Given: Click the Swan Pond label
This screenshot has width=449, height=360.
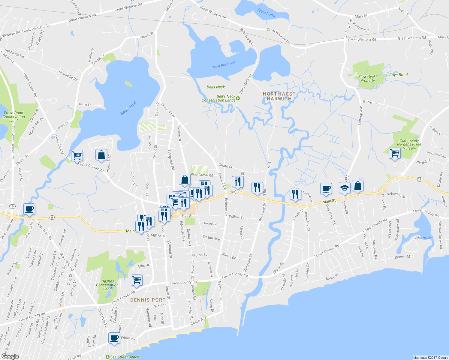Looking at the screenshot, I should (x=128, y=108).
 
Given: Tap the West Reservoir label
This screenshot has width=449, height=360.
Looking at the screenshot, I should (x=224, y=65).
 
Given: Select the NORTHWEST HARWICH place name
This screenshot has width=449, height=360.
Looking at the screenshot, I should (x=279, y=96).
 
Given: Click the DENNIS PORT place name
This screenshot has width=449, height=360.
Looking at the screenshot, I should (x=148, y=300).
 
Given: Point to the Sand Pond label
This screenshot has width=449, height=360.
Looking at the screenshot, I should (x=266, y=13).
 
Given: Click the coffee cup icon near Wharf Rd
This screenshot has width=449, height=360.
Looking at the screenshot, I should (x=114, y=338).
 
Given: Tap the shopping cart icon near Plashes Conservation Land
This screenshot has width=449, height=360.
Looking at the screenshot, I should (x=137, y=280).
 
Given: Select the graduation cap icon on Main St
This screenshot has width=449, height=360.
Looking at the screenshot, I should (x=345, y=188).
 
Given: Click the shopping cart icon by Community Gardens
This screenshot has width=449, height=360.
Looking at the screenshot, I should (x=395, y=153).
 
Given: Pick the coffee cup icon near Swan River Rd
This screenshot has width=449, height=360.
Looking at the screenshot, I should (x=29, y=209).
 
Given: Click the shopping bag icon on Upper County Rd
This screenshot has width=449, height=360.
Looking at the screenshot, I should (x=101, y=155).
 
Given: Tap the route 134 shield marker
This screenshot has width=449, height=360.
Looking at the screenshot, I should (x=12, y=206).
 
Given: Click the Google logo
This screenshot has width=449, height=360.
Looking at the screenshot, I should (x=10, y=356).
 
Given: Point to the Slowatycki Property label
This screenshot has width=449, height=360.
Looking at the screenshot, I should (x=367, y=79).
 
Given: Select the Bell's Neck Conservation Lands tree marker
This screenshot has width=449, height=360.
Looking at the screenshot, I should (x=238, y=98).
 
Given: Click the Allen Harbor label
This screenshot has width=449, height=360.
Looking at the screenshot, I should (x=423, y=238).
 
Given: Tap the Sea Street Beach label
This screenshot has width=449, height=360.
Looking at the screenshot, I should (x=124, y=357).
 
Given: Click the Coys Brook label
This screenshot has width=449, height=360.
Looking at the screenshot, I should (x=399, y=75).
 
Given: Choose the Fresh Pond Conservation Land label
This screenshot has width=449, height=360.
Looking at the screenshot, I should (x=14, y=117).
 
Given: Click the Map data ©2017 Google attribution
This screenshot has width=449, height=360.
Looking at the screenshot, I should (x=430, y=357).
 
